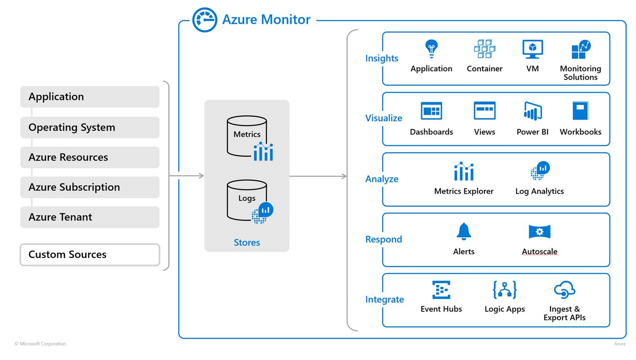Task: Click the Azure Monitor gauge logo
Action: pos(204,20)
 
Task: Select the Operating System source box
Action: pos(90,127)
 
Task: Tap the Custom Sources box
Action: pos(90,255)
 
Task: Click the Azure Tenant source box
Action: pos(90,217)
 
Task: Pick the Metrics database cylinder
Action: pos(247,136)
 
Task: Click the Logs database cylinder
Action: pos(247,200)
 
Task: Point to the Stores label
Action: pos(247,242)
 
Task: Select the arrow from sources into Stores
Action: pos(187,176)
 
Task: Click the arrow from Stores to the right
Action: pos(318,176)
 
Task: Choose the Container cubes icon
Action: pos(484,49)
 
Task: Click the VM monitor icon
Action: pos(532,49)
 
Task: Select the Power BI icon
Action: pos(532,111)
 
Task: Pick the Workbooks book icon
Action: pos(580,111)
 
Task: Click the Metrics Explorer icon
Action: pos(464,171)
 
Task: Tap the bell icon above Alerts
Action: pos(464,231)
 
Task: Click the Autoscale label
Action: pos(539,251)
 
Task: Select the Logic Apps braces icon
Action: pos(504,290)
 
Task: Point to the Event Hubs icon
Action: pos(441,290)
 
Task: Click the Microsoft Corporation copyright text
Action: pos(40,344)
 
